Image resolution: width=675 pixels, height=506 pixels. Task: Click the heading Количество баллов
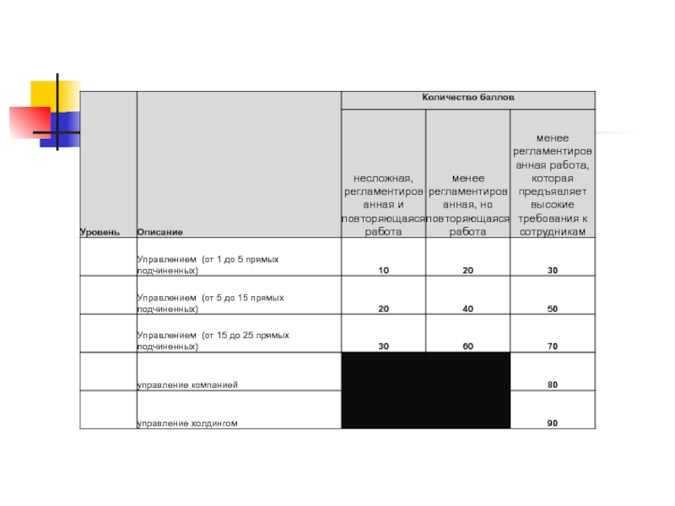pyautogui.click(x=467, y=99)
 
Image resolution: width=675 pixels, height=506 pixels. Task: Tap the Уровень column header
pyautogui.click(x=100, y=231)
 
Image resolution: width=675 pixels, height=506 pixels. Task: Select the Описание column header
pyautogui.click(x=159, y=231)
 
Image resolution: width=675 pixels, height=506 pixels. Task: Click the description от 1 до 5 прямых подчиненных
pyautogui.click(x=208, y=265)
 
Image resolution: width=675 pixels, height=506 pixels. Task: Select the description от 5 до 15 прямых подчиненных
pyautogui.click(x=210, y=304)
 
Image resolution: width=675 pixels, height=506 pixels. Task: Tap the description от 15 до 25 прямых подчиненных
pyautogui.click(x=213, y=341)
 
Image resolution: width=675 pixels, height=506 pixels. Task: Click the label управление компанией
pyautogui.click(x=187, y=385)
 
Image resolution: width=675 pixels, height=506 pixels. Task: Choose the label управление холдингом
pyautogui.click(x=186, y=423)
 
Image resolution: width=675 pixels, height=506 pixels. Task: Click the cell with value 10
pyautogui.click(x=383, y=271)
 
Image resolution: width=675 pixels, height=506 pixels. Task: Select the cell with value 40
pyautogui.click(x=467, y=310)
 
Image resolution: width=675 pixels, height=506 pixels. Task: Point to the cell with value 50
pyautogui.click(x=552, y=310)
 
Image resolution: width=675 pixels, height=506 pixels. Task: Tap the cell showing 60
pyautogui.click(x=467, y=347)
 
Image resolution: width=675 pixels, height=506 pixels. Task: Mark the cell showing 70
pyautogui.click(x=552, y=347)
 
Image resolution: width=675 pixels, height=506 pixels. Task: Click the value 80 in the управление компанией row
pyautogui.click(x=552, y=385)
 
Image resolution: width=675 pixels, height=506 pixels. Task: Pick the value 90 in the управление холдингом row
pyautogui.click(x=552, y=423)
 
